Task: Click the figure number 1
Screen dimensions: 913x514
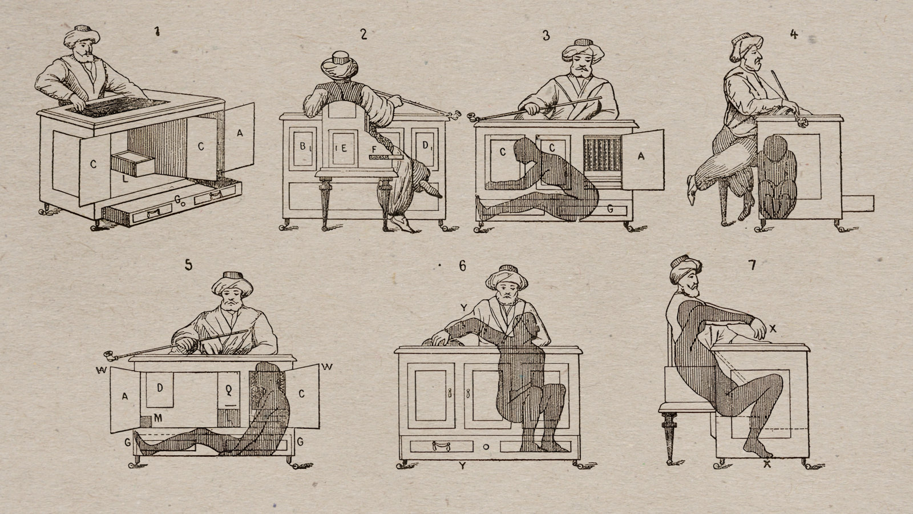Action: (x=157, y=32)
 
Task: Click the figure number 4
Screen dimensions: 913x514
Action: (x=794, y=34)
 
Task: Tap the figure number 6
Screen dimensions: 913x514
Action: (x=462, y=266)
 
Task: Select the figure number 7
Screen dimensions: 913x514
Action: (x=752, y=265)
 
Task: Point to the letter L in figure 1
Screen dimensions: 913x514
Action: (x=126, y=178)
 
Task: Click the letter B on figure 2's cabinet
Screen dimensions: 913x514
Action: (x=302, y=146)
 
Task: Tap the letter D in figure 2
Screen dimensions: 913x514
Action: (x=425, y=145)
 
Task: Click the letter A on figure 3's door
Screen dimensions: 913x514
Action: (x=641, y=155)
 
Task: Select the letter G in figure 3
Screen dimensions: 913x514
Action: (x=610, y=209)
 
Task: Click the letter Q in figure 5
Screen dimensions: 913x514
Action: (x=229, y=391)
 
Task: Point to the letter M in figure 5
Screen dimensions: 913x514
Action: (x=157, y=417)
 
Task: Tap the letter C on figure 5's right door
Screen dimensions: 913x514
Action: (x=302, y=393)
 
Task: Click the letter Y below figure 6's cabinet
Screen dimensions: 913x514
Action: (x=462, y=465)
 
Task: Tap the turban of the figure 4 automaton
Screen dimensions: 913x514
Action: (x=745, y=46)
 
